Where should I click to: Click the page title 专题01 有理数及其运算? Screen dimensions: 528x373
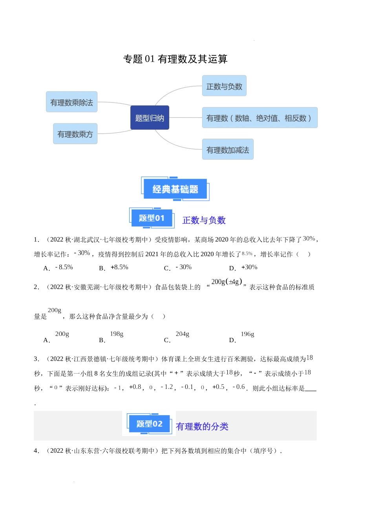click(x=175, y=59)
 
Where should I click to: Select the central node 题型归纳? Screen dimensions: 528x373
click(x=150, y=117)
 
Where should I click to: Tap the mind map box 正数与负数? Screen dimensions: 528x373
click(x=224, y=86)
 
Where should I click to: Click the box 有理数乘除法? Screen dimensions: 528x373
click(x=71, y=102)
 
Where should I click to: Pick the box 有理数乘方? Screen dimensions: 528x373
click(x=75, y=134)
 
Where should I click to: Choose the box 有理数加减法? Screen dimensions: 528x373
click(x=228, y=150)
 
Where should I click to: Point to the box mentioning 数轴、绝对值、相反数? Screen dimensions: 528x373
click(x=260, y=118)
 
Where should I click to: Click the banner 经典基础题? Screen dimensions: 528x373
click(x=175, y=189)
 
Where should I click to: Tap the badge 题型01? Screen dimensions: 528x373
click(x=151, y=218)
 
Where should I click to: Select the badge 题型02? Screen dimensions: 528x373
click(x=149, y=424)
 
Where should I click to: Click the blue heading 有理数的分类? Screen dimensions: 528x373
click(x=202, y=426)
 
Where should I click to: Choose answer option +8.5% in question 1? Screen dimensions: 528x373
click(x=119, y=267)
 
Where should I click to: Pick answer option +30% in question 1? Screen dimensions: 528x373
click(x=249, y=267)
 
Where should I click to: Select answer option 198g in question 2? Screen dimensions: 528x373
click(x=117, y=334)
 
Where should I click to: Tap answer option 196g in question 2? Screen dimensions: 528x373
click(x=247, y=334)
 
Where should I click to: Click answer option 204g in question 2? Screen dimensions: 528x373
click(x=182, y=334)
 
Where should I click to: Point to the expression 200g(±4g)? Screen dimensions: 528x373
click(x=227, y=282)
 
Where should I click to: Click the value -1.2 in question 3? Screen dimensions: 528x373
click(x=167, y=387)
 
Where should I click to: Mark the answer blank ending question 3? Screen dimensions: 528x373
click(x=311, y=389)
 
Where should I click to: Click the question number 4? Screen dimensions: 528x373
click(x=37, y=451)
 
